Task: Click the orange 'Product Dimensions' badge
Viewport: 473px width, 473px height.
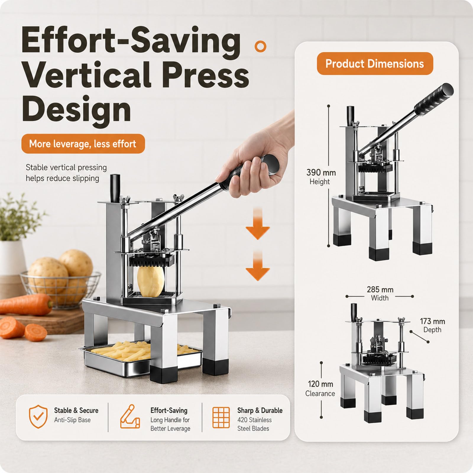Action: click(375, 64)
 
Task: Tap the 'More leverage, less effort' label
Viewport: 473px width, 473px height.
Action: click(83, 144)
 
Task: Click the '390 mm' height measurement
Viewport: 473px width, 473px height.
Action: click(321, 172)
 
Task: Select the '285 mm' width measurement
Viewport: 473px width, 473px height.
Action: click(380, 289)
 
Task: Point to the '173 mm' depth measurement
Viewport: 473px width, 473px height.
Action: click(432, 321)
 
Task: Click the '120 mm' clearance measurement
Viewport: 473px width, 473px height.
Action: click(320, 384)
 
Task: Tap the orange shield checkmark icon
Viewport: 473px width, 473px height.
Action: click(38, 417)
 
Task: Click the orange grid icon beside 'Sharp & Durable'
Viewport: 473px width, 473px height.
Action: click(221, 417)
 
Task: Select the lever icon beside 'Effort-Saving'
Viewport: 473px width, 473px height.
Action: click(130, 417)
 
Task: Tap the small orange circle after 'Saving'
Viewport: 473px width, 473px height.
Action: click(260, 46)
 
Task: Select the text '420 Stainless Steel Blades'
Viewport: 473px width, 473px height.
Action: click(254, 424)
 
